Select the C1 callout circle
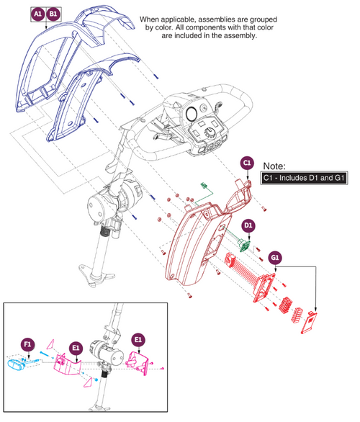pyautogui.click(x=247, y=163)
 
